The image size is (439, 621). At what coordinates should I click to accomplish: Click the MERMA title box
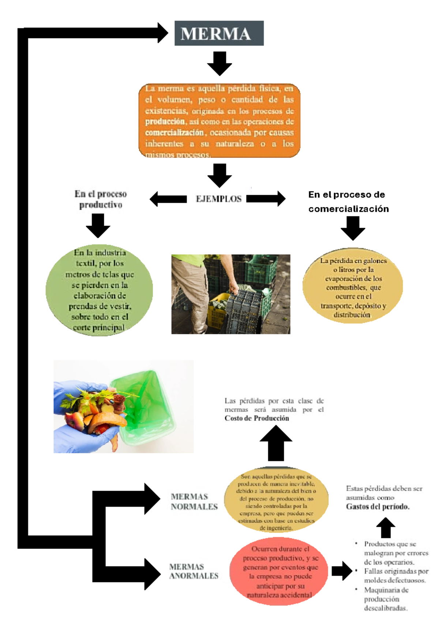219,33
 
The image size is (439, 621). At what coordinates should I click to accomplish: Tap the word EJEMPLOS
218,199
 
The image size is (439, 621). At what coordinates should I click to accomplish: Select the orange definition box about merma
219,121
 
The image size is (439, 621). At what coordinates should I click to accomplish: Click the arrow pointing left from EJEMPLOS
168,199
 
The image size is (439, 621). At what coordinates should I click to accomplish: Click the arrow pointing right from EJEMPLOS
266,198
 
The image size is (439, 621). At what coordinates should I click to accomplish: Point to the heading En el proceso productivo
101,199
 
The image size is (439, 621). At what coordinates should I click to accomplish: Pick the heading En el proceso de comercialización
348,201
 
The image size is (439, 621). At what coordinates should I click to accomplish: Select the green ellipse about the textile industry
99,290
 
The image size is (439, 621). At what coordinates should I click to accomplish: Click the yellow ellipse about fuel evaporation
353,287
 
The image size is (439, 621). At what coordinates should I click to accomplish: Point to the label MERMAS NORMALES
194,502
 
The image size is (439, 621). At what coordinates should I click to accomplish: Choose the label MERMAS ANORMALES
194,571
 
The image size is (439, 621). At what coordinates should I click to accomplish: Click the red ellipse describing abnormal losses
280,571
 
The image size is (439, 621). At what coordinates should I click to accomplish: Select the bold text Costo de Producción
256,418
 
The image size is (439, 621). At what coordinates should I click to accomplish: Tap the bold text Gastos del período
378,507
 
